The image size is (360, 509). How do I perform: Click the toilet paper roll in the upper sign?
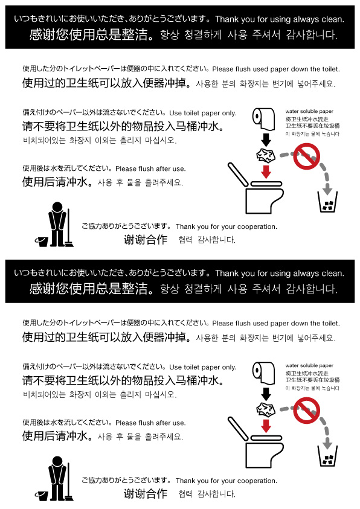click(x=263, y=118)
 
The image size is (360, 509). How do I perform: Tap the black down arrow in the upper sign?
click(x=266, y=139)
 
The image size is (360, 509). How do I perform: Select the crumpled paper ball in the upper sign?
click(x=266, y=156)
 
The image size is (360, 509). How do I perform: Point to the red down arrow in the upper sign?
click(x=266, y=171)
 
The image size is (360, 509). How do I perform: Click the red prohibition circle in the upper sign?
click(x=306, y=156)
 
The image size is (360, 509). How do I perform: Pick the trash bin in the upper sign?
click(x=327, y=202)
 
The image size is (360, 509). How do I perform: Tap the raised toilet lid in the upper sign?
click(x=237, y=174)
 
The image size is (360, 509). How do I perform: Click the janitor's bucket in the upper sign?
click(x=42, y=242)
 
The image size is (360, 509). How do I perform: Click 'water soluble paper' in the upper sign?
click(x=309, y=111)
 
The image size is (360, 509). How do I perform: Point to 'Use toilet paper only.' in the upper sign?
click(x=203, y=113)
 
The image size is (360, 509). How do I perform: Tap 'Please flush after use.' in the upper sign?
click(x=150, y=169)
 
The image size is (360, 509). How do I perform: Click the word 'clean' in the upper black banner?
click(x=333, y=19)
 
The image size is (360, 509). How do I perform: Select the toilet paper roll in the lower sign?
click(x=263, y=372)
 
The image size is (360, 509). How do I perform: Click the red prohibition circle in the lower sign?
click(x=306, y=411)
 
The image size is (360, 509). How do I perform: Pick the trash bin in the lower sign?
click(x=327, y=456)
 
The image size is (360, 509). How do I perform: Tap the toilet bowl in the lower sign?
click(x=263, y=455)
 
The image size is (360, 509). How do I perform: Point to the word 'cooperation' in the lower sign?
click(x=257, y=481)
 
